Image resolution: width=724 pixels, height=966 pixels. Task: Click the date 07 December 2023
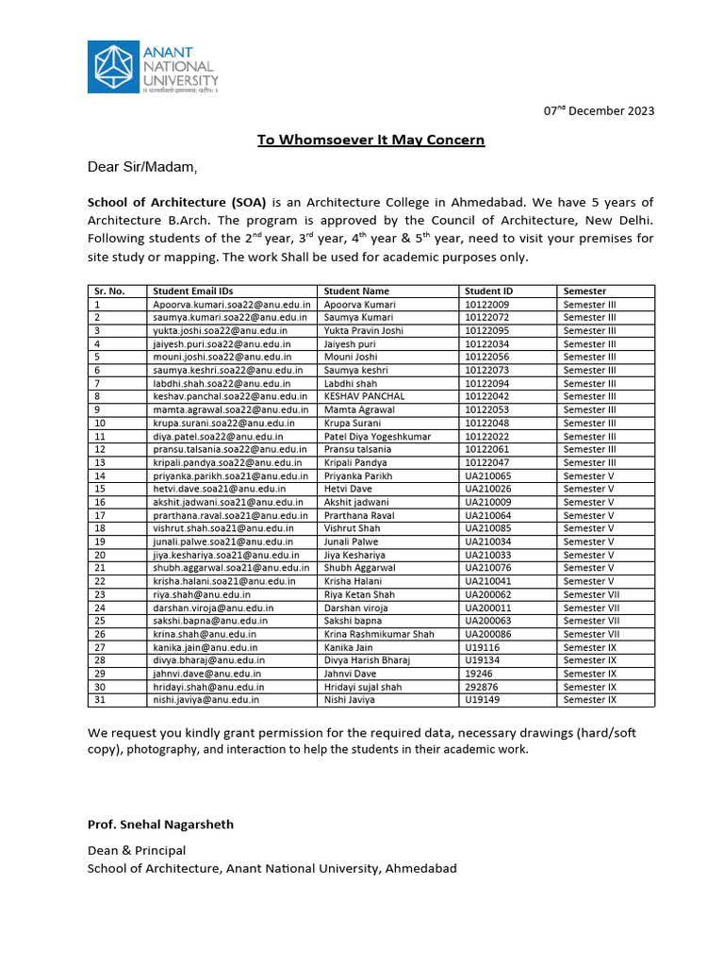click(599, 110)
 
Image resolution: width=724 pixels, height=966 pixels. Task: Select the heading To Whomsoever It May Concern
click(371, 140)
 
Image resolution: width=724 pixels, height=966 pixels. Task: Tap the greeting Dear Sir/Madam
click(142, 168)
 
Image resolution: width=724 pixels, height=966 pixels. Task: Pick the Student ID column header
click(488, 291)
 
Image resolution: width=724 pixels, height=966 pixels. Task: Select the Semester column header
click(584, 291)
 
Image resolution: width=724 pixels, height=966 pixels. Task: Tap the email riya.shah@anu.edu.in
click(201, 595)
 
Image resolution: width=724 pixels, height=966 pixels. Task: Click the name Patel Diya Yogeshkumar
click(376, 437)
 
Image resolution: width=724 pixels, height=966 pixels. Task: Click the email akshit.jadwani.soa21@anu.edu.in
click(228, 503)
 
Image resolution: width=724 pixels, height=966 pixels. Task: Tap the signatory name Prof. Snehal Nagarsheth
click(160, 824)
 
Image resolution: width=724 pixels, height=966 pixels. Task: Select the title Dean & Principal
click(137, 850)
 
